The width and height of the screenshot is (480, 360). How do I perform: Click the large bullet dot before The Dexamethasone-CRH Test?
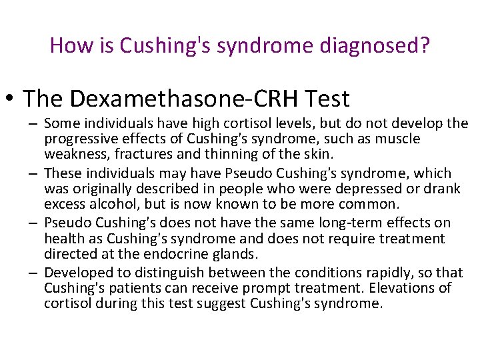[12, 99]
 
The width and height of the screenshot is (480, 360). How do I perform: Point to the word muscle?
[397, 139]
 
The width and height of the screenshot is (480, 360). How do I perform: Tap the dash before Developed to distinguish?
[33, 272]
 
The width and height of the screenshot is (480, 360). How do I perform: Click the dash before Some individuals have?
[33, 123]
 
